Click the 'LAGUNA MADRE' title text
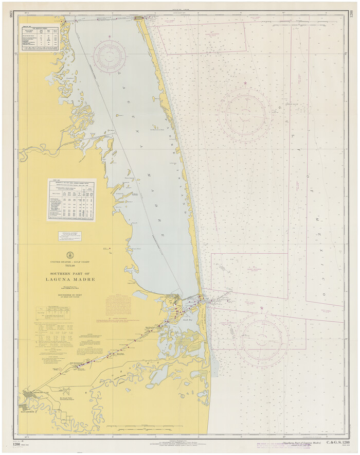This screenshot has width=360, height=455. [73, 279]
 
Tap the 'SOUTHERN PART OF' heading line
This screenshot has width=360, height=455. [73, 273]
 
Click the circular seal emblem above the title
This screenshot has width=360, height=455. [70, 255]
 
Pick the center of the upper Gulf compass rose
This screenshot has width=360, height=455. [245, 112]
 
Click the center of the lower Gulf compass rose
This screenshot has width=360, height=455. [261, 338]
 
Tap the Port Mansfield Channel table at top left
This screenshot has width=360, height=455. [39, 38]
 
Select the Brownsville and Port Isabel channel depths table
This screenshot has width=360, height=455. [71, 200]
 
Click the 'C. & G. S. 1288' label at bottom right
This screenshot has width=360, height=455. [334, 443]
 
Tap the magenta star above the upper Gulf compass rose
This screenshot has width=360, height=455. [246, 83]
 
